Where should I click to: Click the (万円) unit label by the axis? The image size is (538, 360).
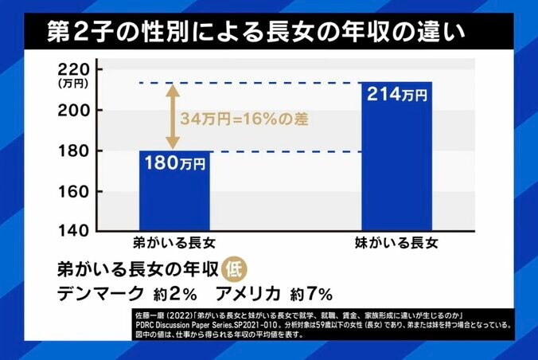pyautogui.click(x=72, y=82)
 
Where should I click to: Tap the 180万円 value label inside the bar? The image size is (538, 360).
pyautogui.click(x=175, y=164)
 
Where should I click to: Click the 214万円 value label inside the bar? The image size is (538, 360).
pyautogui.click(x=396, y=95)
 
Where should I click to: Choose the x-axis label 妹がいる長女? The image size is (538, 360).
pyautogui.click(x=396, y=242)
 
